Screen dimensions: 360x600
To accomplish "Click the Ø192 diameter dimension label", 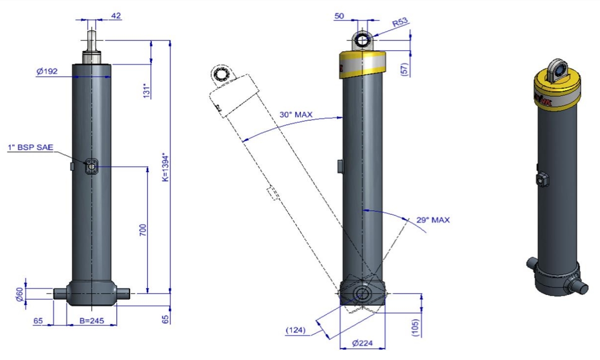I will coord(47,71).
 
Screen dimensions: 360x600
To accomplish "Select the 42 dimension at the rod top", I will coord(116,16).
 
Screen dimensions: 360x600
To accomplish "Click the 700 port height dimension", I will coord(143,230).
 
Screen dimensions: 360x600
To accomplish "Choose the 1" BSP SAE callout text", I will coord(31,147).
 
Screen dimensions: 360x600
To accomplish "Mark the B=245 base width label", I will coord(92,321).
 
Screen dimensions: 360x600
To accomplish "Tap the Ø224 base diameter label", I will coord(363,344).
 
